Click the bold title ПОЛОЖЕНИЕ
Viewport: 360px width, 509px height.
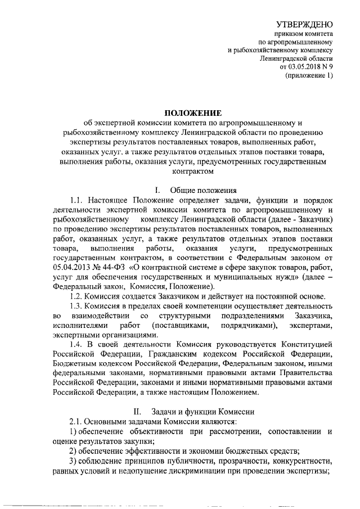[x=192, y=113]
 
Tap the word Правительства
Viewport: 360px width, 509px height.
[x=303, y=374]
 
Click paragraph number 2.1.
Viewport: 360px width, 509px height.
[x=76, y=421]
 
